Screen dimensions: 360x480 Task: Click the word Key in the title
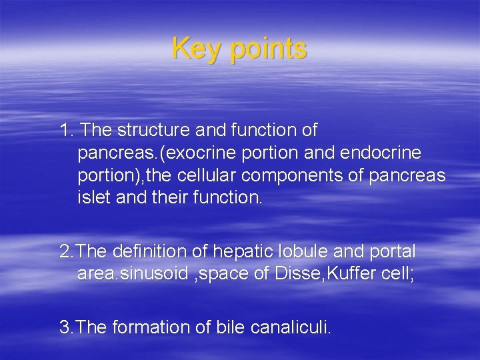click(x=195, y=49)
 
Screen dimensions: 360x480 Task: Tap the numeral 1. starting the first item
click(x=67, y=130)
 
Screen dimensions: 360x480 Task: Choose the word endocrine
click(x=381, y=153)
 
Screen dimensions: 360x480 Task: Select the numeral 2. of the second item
click(x=66, y=252)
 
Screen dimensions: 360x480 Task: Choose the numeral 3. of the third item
click(x=66, y=327)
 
